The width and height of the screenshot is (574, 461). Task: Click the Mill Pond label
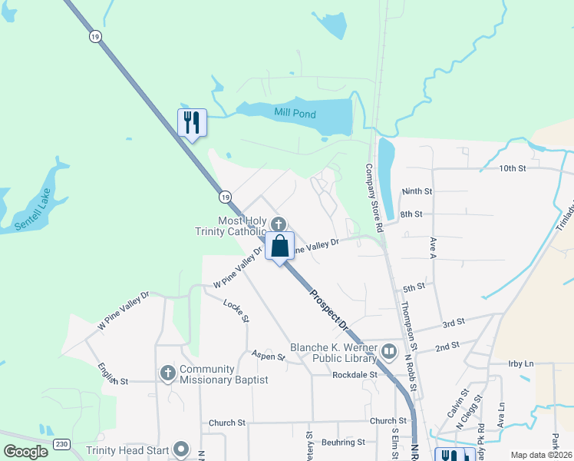pos(295,113)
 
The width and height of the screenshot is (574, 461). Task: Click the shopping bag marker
pos(280,247)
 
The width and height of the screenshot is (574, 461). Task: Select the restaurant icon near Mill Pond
pos(192,122)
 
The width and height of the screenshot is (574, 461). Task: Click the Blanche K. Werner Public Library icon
pos(389,353)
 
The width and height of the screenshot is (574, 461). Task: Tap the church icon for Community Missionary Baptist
pos(168,373)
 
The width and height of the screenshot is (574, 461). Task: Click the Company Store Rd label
pos(374,198)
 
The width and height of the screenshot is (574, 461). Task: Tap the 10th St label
pos(512,167)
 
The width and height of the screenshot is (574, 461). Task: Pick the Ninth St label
pos(417,191)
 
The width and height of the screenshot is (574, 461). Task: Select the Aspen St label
pos(268,356)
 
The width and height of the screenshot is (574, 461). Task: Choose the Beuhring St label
pos(342,442)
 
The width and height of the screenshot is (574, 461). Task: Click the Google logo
pos(26,451)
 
